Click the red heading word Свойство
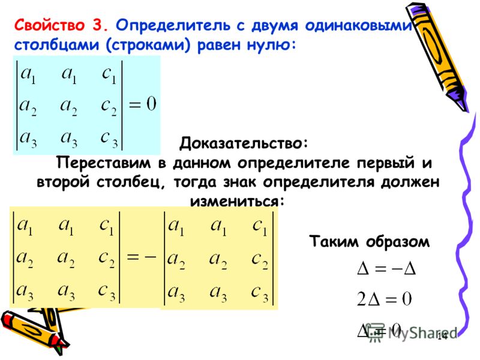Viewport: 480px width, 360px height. (49, 25)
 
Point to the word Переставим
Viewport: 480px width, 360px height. (103, 163)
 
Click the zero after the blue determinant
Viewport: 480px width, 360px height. (151, 103)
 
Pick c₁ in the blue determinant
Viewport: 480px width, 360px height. (109, 75)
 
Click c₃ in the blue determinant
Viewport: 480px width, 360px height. (109, 139)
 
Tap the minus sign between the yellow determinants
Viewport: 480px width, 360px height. (150, 257)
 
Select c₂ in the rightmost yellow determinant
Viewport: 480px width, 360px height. (260, 260)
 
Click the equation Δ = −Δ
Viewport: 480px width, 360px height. (386, 269)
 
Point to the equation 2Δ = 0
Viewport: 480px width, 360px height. (384, 299)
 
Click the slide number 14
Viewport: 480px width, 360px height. (442, 336)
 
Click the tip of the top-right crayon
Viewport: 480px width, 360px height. (466, 111)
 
